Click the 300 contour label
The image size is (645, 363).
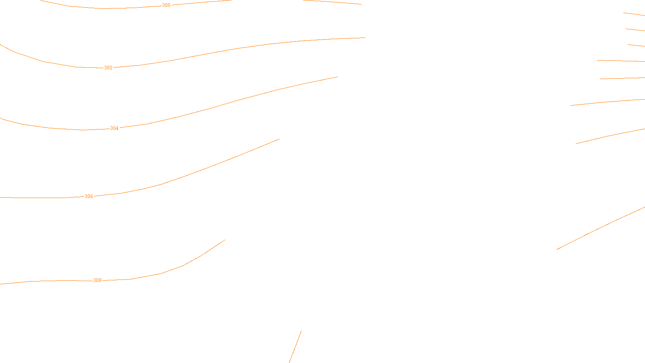(166, 5)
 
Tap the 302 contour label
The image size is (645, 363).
(108, 68)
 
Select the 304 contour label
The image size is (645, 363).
(114, 128)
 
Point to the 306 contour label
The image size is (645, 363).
(89, 196)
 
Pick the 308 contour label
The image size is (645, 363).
(97, 280)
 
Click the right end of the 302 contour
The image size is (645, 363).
(365, 38)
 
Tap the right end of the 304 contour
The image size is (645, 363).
(337, 77)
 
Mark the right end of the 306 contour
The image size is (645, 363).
(279, 139)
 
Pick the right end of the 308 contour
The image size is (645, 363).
(225, 240)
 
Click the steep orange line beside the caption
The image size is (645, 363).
(295, 347)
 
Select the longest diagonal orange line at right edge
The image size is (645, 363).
(601, 228)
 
